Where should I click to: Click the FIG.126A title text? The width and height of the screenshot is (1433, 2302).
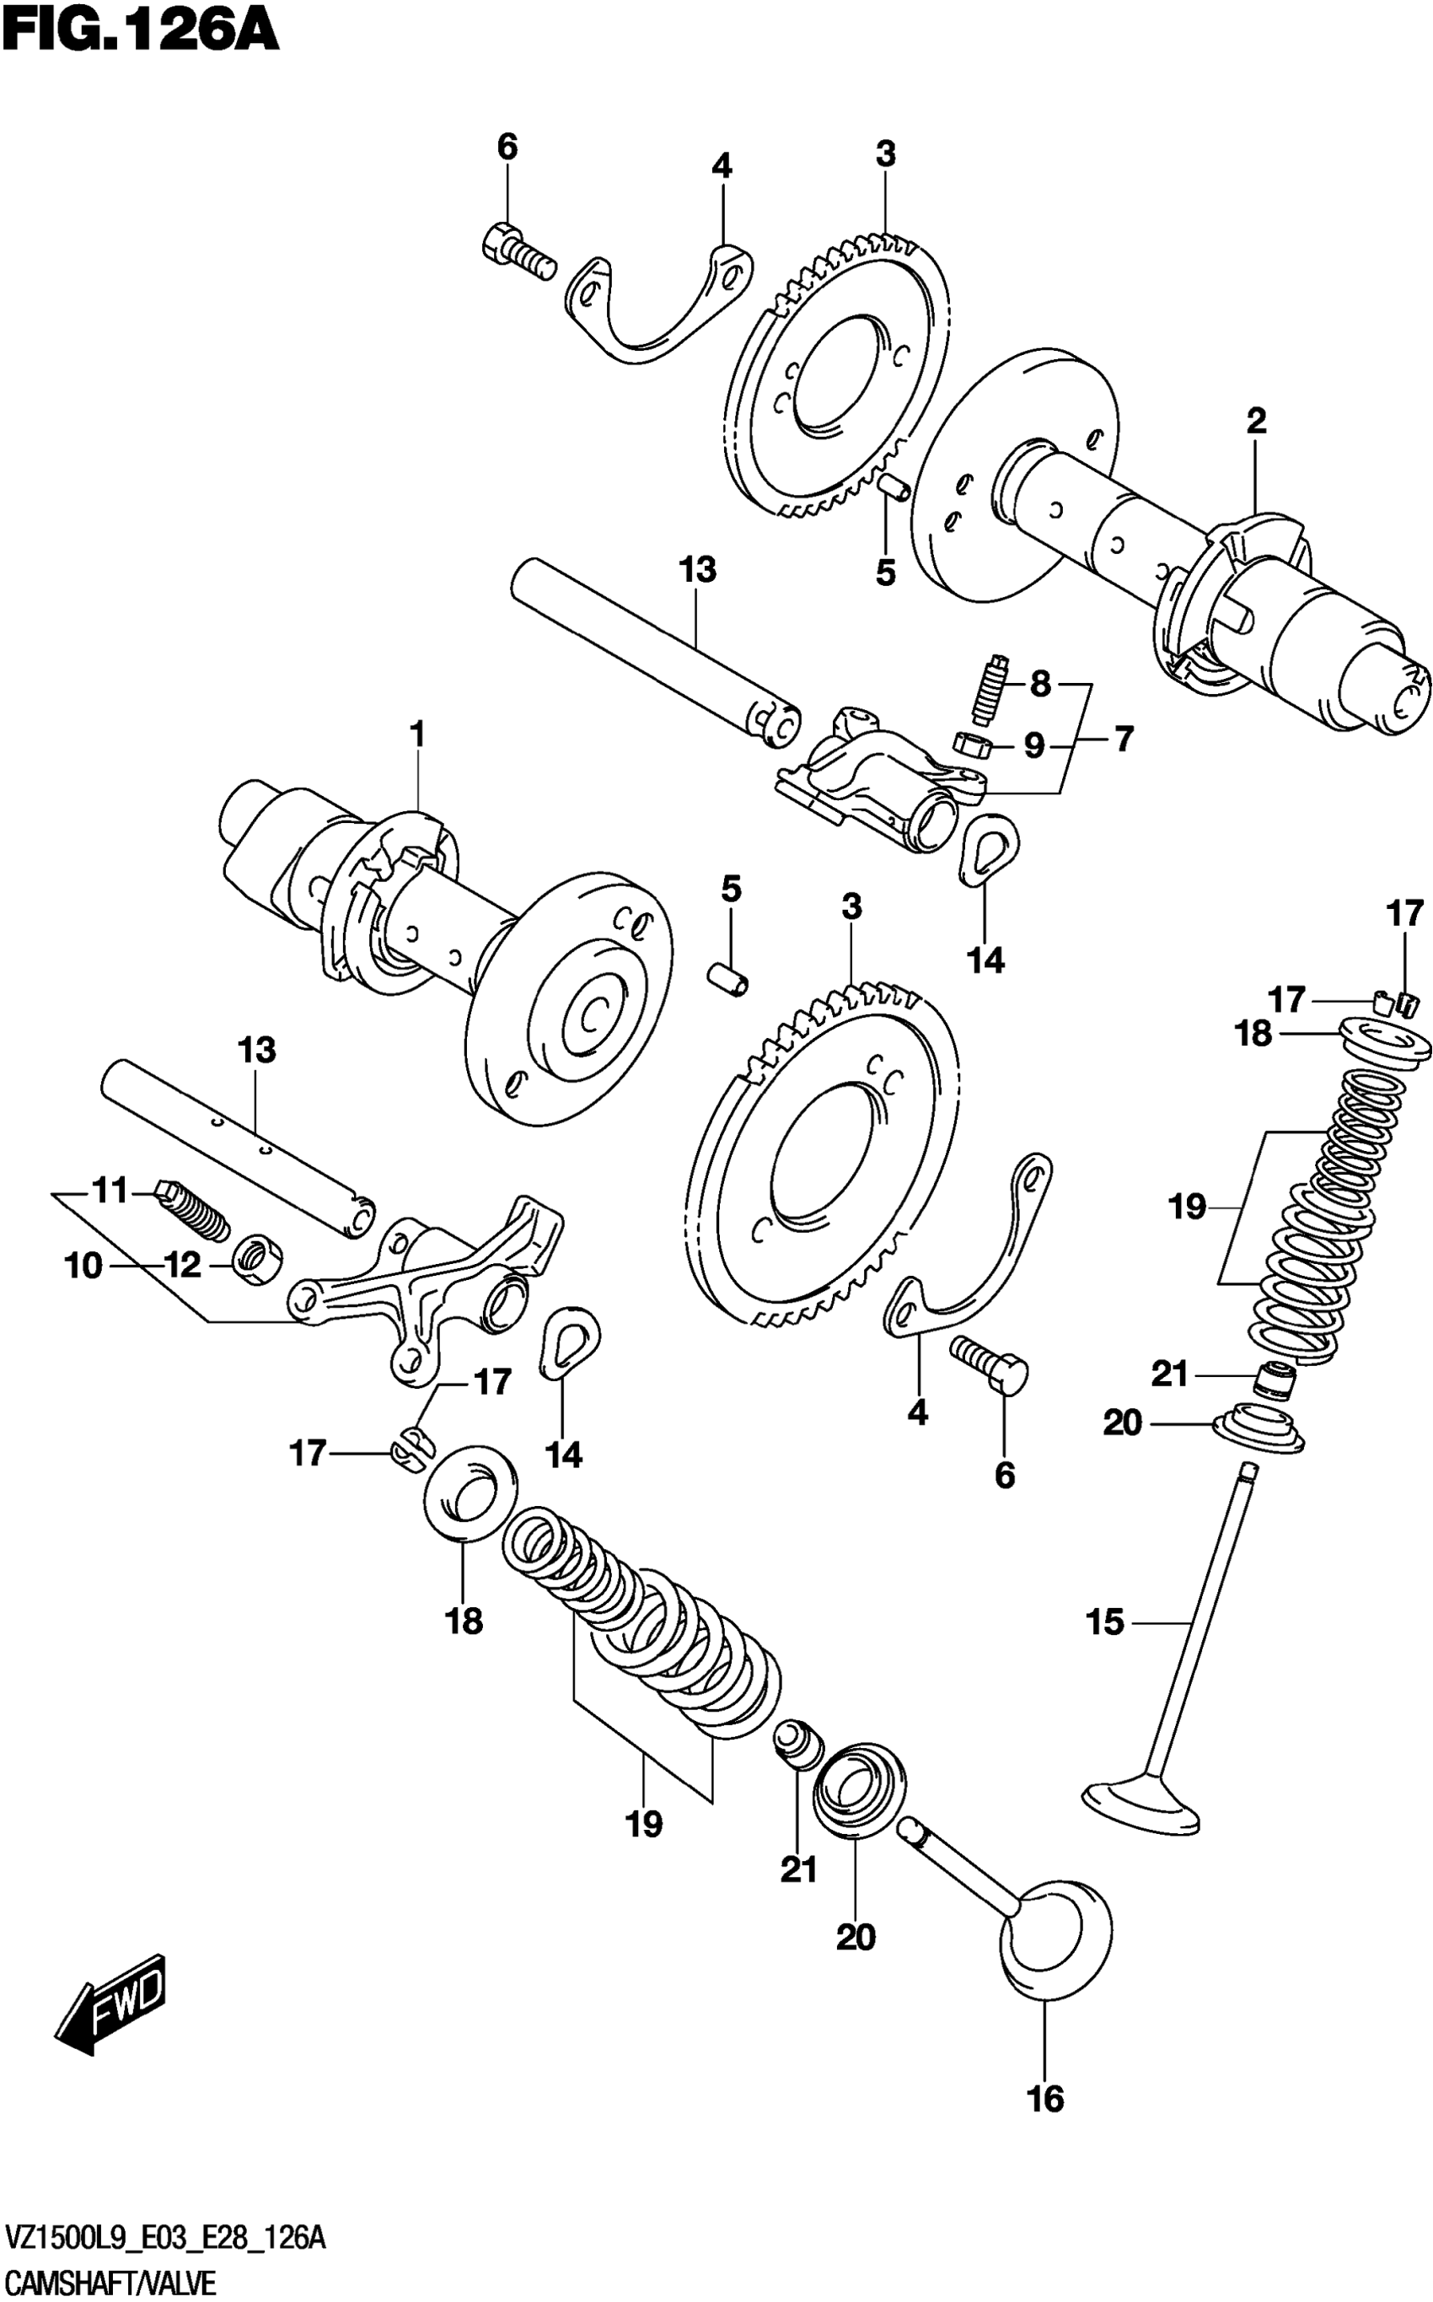pos(140,30)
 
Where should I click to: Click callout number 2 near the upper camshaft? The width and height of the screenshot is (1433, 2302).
pos(1256,421)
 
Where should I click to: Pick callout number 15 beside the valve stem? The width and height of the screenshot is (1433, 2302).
pos(1105,1622)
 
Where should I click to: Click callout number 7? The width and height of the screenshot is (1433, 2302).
pos(1123,739)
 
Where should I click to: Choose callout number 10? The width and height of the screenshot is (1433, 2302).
pos(83,1265)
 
